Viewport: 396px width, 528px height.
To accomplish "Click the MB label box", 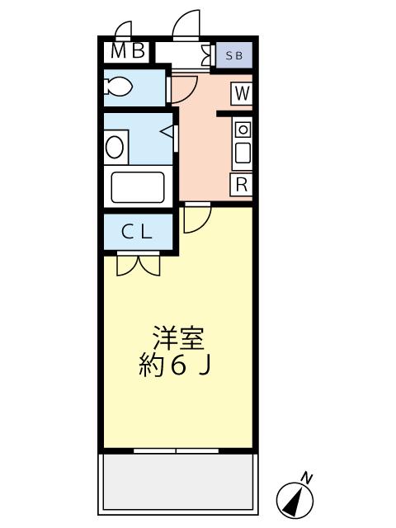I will [x=128, y=51].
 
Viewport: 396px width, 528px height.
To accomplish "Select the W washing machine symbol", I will [x=241, y=93].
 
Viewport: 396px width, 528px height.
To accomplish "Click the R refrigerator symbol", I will [x=241, y=184].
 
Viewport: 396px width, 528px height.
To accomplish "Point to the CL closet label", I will [x=137, y=232].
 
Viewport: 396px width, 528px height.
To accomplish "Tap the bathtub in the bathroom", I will [x=137, y=186].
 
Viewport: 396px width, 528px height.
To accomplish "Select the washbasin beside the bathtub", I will [x=115, y=147].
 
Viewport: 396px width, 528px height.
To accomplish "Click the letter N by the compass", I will [x=307, y=478].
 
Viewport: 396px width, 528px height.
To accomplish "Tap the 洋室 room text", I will [x=177, y=339].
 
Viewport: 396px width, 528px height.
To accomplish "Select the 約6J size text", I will [x=177, y=365].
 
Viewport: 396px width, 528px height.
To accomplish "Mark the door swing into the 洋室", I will [x=196, y=217].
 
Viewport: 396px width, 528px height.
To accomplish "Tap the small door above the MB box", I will [x=125, y=31].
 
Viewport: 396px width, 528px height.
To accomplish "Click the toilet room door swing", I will [x=183, y=87].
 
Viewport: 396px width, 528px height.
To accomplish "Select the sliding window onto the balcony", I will [x=177, y=450].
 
